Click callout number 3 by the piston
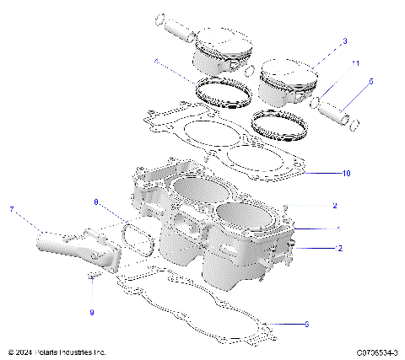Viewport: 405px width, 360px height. tap(344, 40)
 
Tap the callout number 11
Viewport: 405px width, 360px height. tap(355, 64)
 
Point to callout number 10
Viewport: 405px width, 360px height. tap(346, 174)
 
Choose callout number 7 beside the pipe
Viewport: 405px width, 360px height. tap(12, 208)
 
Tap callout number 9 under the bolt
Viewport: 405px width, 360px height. tap(92, 312)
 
